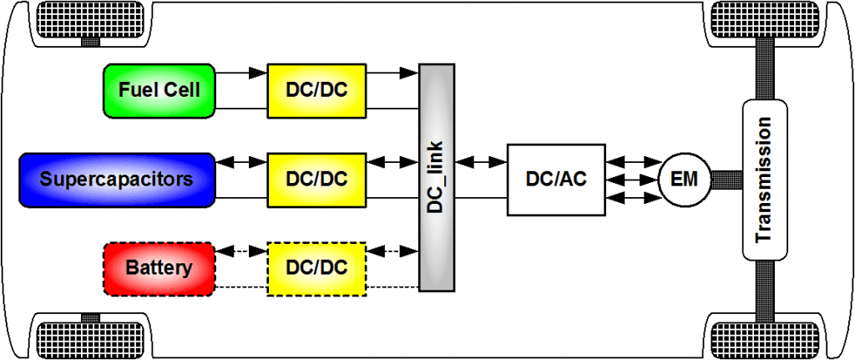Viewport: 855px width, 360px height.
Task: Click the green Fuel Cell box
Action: click(159, 89)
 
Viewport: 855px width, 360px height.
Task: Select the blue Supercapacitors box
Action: click(116, 179)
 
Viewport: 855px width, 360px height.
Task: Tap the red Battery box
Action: click(159, 268)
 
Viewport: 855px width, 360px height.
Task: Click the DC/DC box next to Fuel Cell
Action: click(317, 89)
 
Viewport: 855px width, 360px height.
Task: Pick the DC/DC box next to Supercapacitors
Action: click(317, 179)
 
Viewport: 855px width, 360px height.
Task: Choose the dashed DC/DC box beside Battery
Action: click(317, 268)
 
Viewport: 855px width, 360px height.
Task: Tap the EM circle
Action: click(684, 179)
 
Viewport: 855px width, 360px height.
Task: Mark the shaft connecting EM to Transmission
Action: click(726, 179)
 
